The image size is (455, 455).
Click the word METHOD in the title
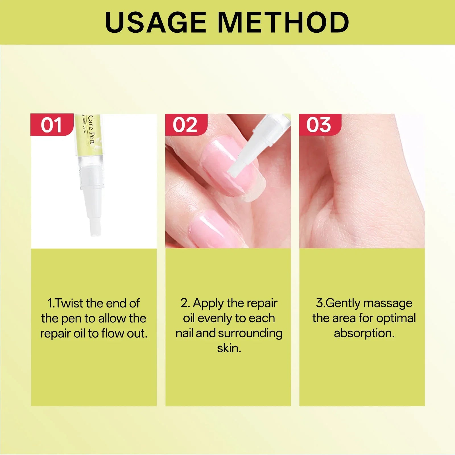(x=284, y=23)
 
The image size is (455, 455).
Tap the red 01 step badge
(x=51, y=125)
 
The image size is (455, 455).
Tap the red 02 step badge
(x=185, y=125)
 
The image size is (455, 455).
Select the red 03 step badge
(x=319, y=125)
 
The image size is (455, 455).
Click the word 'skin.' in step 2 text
(x=229, y=348)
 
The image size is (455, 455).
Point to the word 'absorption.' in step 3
(x=364, y=333)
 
